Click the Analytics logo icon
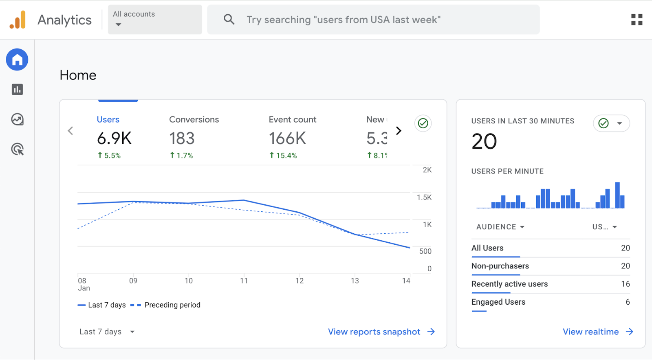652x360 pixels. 18,20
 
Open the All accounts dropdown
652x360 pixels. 154,20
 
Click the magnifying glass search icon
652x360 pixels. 229,19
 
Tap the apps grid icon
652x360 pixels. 637,20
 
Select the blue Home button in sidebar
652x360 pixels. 17,60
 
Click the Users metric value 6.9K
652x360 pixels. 114,138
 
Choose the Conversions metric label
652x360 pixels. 194,119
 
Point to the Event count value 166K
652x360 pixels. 287,138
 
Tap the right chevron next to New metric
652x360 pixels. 399,131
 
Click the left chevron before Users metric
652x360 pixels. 70,131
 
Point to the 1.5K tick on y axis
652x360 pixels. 424,198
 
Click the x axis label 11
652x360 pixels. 244,281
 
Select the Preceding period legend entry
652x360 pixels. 172,305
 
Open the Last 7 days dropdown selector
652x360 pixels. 107,331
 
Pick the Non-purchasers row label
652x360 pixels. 500,266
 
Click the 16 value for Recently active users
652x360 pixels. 625,284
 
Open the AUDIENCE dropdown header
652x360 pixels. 500,227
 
